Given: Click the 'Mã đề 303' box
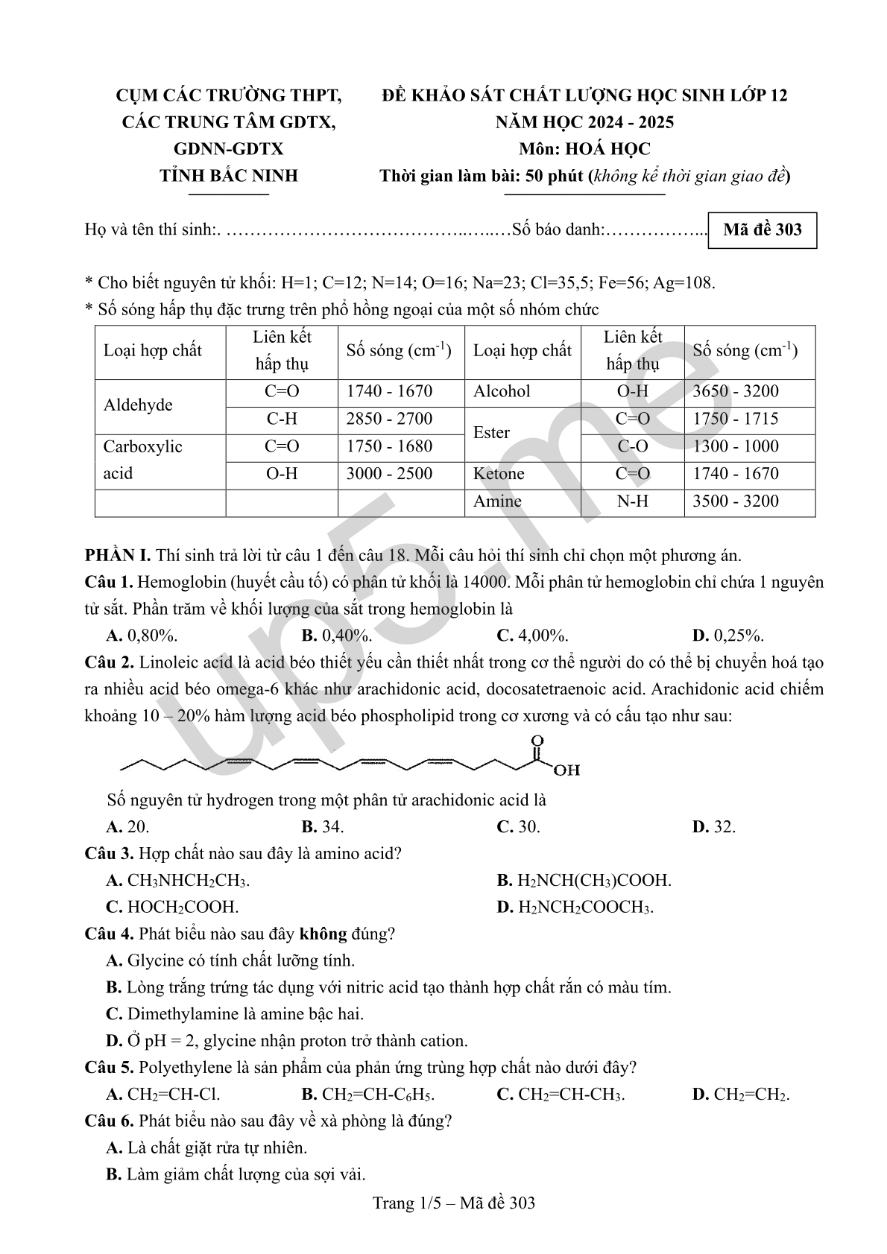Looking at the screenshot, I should coord(762,230).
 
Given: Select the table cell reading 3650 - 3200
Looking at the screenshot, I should coord(735,392).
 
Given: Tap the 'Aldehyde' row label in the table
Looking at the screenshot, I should coord(138,405).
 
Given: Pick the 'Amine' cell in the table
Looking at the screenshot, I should coord(497,501).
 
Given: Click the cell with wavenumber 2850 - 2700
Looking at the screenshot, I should coord(389,419).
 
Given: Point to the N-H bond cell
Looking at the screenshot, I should coord(632,501).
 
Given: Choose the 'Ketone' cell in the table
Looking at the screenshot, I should coord(499,474).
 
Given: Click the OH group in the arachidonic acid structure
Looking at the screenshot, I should coord(566,770).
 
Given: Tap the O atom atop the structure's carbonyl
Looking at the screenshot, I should coord(537,741).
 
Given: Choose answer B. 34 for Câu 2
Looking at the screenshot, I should coord(323,826).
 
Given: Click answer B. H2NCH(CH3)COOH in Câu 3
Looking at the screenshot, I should coord(584,880).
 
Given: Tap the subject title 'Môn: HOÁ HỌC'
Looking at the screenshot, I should coord(584,149).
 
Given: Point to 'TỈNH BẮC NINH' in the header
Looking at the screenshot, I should coord(229,176).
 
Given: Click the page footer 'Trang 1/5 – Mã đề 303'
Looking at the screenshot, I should coord(454,1203).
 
